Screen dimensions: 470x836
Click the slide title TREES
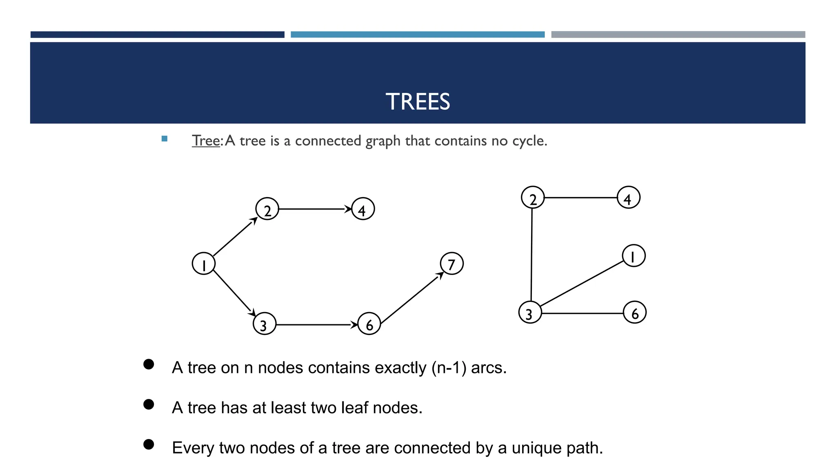pyautogui.click(x=418, y=102)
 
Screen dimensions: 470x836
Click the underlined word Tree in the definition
pyautogui.click(x=206, y=141)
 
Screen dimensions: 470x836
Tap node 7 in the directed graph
pyautogui.click(x=452, y=264)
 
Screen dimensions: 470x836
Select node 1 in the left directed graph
pyautogui.click(x=204, y=264)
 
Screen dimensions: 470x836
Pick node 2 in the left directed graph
pyautogui.click(x=267, y=209)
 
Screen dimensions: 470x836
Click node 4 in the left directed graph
pyautogui.click(x=363, y=209)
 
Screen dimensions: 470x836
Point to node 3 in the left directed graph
pyautogui.click(x=265, y=324)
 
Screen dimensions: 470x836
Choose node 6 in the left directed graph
pyautogui.click(x=369, y=324)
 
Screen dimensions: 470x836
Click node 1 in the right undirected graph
pyautogui.click(x=634, y=256)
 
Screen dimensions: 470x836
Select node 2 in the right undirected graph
pyautogui.click(x=533, y=197)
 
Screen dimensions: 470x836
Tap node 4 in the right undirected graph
pyautogui.click(x=629, y=197)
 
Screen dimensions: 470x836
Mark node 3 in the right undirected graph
pyautogui.click(x=530, y=313)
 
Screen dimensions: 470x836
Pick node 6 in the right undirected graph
pyautogui.click(x=635, y=313)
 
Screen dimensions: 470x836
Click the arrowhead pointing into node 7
pyautogui.click(x=440, y=275)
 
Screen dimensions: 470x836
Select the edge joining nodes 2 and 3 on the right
pyautogui.click(x=531, y=255)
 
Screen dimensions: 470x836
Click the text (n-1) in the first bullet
pyautogui.click(x=449, y=368)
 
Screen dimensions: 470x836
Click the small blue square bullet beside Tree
pyautogui.click(x=165, y=139)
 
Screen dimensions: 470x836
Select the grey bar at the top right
pyautogui.click(x=678, y=35)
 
